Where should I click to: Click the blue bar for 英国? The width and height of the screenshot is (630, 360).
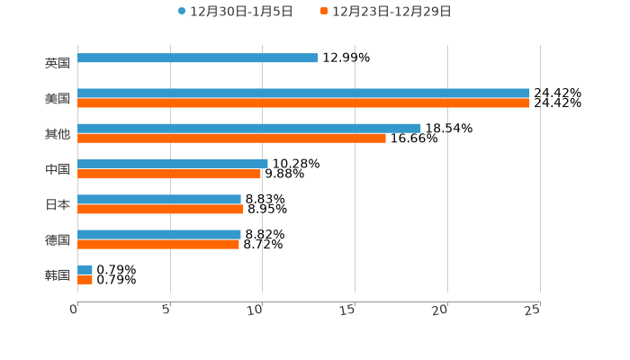[198, 58]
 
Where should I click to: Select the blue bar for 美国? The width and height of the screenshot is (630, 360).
[303, 93]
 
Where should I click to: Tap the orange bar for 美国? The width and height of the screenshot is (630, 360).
[303, 103]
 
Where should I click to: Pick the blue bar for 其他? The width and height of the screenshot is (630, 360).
[249, 128]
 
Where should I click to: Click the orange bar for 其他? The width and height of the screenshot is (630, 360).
[231, 139]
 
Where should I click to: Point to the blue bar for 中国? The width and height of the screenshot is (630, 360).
[173, 164]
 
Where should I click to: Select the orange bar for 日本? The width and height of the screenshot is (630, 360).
[160, 210]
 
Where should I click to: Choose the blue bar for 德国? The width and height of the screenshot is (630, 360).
[159, 234]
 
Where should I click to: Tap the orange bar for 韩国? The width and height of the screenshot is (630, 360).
[85, 280]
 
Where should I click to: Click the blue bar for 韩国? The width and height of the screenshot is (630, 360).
[85, 269]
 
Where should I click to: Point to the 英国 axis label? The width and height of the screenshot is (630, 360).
[57, 63]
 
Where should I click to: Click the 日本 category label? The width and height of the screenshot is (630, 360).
[57, 204]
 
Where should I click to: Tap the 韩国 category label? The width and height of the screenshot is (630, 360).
[57, 274]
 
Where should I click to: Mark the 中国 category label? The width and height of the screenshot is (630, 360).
[57, 169]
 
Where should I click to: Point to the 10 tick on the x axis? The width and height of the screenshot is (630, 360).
[256, 310]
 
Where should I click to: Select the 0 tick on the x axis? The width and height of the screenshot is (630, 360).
[75, 310]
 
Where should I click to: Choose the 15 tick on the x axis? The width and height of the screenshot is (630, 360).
[349, 310]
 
